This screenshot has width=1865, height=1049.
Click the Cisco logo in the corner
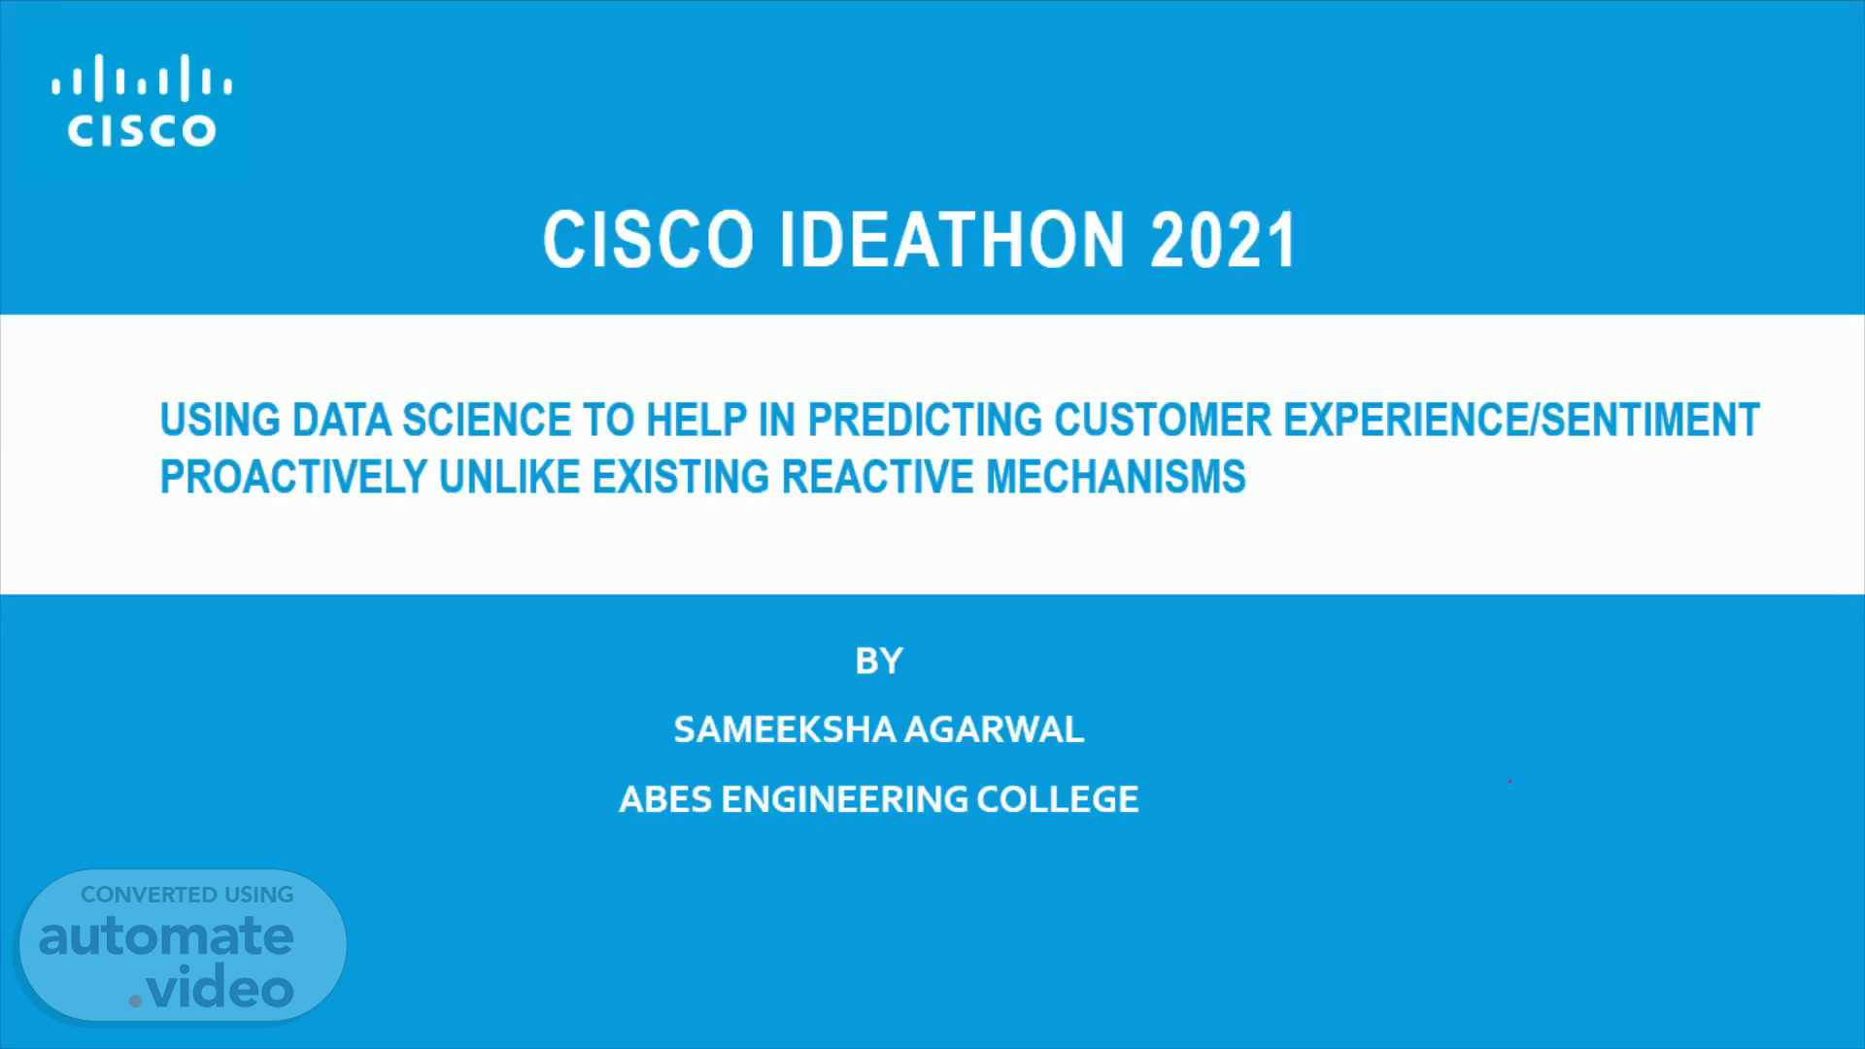tap(142, 100)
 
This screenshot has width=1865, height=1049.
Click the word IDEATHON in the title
tap(952, 240)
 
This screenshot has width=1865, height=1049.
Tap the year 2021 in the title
tap(1223, 240)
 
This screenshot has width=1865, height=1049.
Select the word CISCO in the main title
tap(648, 240)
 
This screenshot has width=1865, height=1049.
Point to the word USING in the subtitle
tap(220, 421)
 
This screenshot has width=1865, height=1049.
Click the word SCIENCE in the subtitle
tap(487, 421)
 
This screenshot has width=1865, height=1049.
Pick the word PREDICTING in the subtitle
tap(925, 421)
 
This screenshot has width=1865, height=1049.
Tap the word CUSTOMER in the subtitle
tap(1163, 421)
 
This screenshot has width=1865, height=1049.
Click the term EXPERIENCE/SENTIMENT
tap(1522, 421)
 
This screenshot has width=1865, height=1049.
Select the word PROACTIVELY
tap(293, 477)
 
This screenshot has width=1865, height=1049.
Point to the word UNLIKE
tap(510, 477)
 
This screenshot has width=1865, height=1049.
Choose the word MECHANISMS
tap(1116, 477)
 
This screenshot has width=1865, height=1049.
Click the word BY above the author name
tap(879, 661)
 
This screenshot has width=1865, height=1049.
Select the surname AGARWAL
tap(994, 729)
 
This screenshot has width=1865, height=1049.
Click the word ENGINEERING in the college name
tap(844, 799)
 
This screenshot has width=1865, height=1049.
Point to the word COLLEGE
tap(1057, 799)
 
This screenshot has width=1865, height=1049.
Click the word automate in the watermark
tap(166, 936)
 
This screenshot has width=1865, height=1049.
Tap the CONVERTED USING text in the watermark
tap(186, 895)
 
